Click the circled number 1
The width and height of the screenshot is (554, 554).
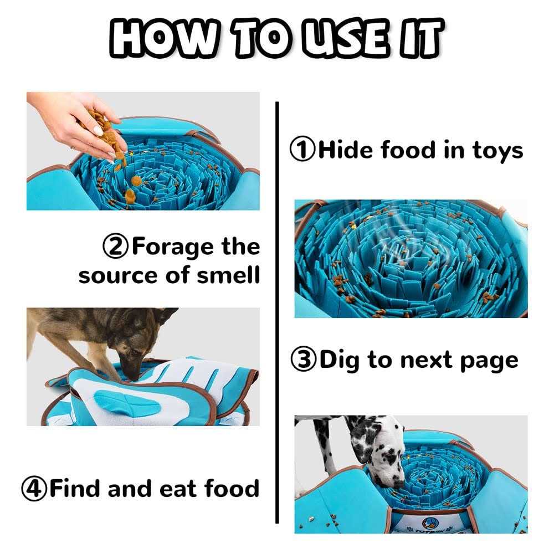point(302,150)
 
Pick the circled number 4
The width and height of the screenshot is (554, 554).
point(34,489)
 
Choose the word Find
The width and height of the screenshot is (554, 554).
point(75,489)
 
